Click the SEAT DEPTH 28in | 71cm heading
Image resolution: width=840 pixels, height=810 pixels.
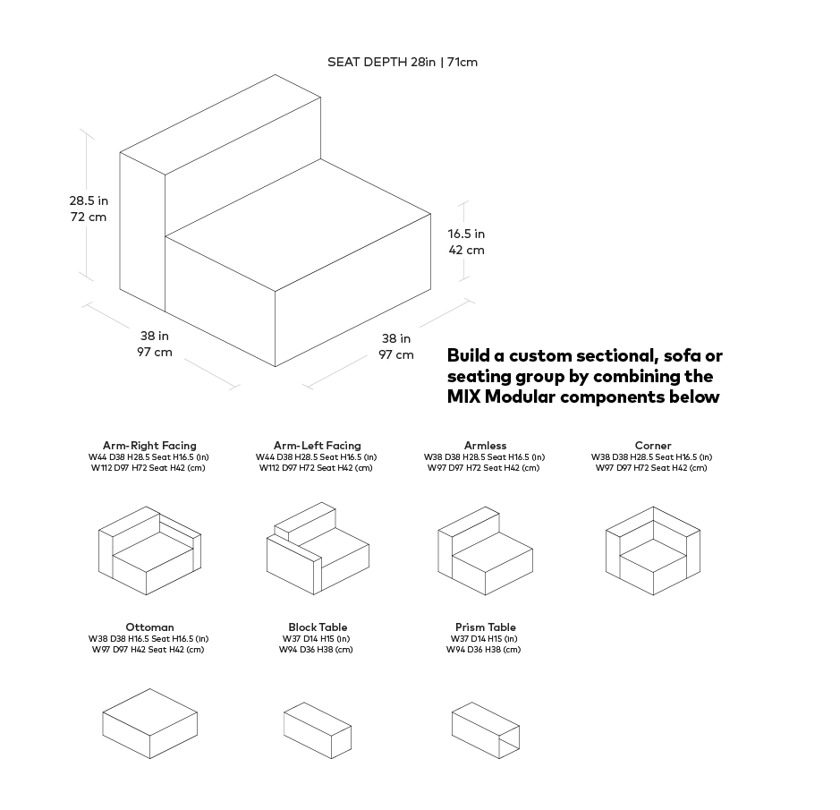point(403,62)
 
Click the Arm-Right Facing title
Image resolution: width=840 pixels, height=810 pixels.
point(149,446)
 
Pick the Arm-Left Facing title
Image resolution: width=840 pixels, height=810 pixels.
point(318,446)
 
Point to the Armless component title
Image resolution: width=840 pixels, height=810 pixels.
point(486,446)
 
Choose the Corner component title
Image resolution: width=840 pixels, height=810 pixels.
point(653,446)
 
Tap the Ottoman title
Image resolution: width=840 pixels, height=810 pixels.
point(149,627)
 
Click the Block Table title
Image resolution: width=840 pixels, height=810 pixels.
point(318,627)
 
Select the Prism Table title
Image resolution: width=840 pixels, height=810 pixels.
point(486,627)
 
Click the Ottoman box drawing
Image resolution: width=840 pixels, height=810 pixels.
point(150,724)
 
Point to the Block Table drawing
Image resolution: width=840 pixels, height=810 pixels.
point(318,730)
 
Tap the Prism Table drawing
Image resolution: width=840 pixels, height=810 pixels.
point(486,730)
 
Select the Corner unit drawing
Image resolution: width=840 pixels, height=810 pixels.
point(653,550)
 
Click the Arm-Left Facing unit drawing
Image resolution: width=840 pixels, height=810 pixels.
point(318,549)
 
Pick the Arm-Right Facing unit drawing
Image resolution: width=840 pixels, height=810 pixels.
point(149,550)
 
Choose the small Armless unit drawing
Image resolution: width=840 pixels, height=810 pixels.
point(486,550)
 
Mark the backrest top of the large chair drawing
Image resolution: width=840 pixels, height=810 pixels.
point(220,124)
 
